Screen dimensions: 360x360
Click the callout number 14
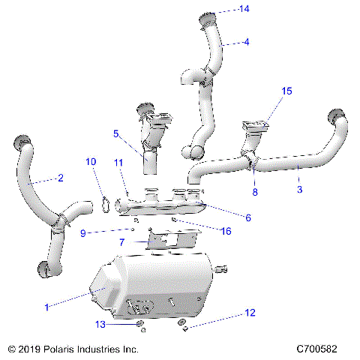(244, 9)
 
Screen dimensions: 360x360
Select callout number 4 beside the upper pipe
(245, 43)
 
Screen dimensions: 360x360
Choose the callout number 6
(248, 217)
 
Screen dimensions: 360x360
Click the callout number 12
(250, 311)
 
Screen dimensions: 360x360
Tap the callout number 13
(100, 324)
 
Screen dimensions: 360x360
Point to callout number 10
(91, 161)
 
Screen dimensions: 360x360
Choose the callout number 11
(118, 163)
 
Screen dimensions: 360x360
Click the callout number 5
(116, 134)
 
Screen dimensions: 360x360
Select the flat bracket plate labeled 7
(171, 240)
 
